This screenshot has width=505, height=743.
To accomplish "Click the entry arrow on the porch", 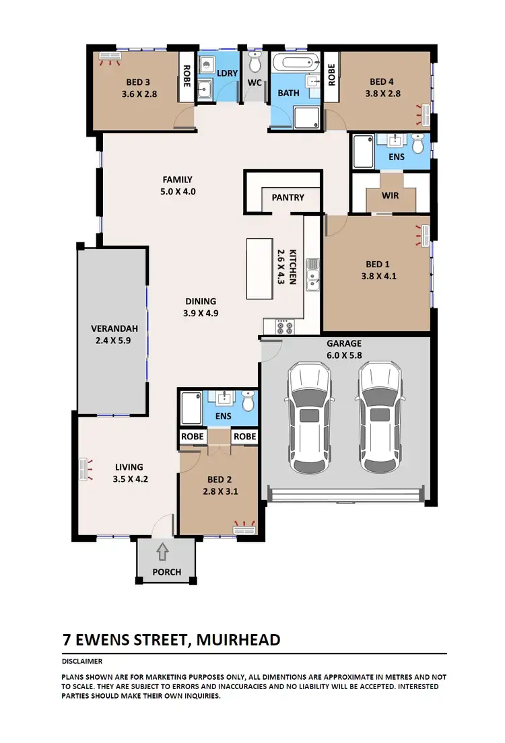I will click(x=162, y=553).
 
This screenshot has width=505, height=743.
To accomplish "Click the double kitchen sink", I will click(x=313, y=275).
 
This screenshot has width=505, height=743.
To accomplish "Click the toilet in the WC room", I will click(x=255, y=64).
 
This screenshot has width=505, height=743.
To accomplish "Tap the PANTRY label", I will click(x=288, y=198).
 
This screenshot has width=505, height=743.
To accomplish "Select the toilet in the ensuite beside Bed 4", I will click(x=418, y=144).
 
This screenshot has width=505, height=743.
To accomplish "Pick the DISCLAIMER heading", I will click(x=81, y=661).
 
